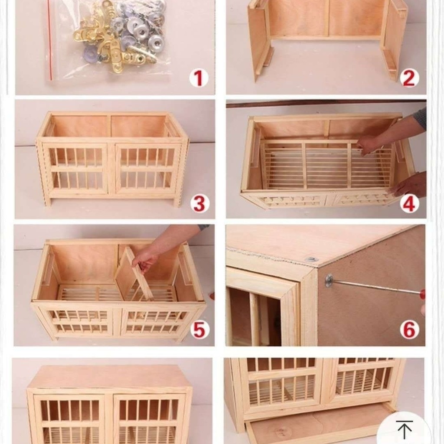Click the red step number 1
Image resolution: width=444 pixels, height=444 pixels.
[x=199, y=78]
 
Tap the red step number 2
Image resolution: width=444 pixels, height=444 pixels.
[x=408, y=78]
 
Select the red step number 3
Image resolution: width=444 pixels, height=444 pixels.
[x=199, y=204]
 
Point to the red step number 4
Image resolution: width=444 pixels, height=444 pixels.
[x=409, y=204]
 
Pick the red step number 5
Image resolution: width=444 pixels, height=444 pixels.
[x=199, y=330]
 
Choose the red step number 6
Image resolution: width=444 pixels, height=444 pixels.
[x=409, y=330]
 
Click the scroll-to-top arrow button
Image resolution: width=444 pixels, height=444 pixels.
[x=405, y=429]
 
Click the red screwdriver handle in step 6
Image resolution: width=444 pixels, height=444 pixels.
[x=422, y=294]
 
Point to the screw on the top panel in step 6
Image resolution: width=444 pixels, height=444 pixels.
[x=311, y=259]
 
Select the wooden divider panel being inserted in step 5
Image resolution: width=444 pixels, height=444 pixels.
[x=134, y=273]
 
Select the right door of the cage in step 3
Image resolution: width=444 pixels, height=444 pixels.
[x=148, y=169]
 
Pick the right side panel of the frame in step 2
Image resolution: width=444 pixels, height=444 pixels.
[x=395, y=39]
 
